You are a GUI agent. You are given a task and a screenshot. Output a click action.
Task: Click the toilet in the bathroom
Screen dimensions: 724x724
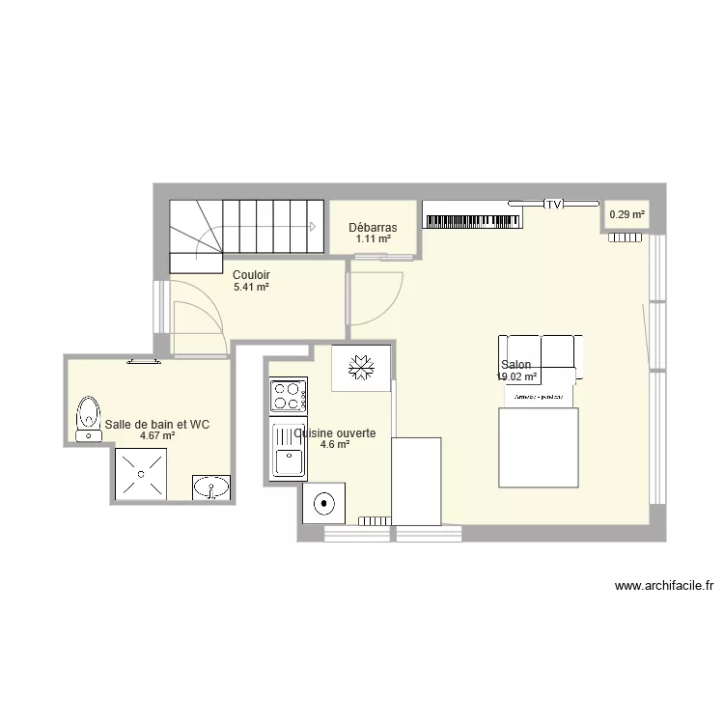pyautogui.click(x=88, y=416)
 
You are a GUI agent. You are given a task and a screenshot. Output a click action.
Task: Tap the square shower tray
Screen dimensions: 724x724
pyautogui.click(x=142, y=473)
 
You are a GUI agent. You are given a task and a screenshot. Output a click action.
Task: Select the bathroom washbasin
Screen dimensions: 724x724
pyautogui.click(x=211, y=487)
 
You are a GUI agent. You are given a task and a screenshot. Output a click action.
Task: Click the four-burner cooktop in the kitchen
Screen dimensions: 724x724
pyautogui.click(x=288, y=395)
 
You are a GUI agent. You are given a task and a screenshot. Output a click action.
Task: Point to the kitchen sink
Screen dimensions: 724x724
pyautogui.click(x=288, y=451)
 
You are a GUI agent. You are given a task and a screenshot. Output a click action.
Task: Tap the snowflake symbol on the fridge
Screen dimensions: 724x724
pyautogui.click(x=361, y=368)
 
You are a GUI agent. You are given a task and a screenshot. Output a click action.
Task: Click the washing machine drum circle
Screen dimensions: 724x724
pyautogui.click(x=321, y=502)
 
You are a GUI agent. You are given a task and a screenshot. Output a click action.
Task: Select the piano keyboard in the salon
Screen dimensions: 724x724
pyautogui.click(x=472, y=221)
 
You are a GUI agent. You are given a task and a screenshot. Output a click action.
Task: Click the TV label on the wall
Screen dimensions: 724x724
pyautogui.click(x=554, y=205)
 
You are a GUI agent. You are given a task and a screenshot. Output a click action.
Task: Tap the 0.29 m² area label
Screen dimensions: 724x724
pyautogui.click(x=626, y=215)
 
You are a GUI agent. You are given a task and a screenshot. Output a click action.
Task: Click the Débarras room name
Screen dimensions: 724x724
pyautogui.click(x=373, y=228)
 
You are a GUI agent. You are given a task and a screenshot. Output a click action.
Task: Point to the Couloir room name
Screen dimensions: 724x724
pyautogui.click(x=251, y=274)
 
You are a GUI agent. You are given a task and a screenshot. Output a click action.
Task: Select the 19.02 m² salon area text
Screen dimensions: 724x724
pyautogui.click(x=516, y=377)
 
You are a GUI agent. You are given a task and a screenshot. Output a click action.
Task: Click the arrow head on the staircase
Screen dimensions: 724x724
pyautogui.click(x=312, y=227)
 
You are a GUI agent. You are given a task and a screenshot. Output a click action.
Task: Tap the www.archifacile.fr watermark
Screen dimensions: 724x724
pyautogui.click(x=664, y=585)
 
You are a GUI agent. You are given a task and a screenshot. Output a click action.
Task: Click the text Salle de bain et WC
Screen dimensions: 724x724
pyautogui.click(x=157, y=424)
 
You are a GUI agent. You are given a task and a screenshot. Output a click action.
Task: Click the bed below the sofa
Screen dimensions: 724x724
pyautogui.click(x=538, y=447)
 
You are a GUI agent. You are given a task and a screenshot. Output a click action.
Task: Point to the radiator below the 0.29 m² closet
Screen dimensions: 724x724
pyautogui.click(x=625, y=239)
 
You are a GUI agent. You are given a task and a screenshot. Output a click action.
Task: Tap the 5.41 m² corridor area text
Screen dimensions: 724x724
pyautogui.click(x=251, y=287)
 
